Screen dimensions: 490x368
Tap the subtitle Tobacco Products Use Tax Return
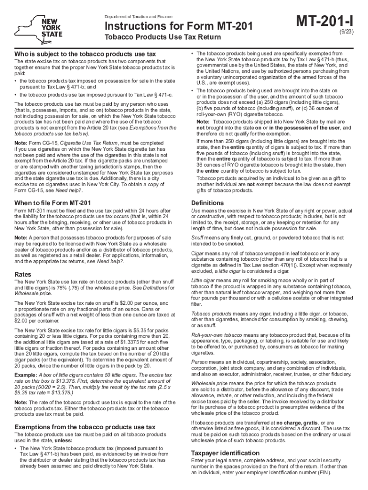(x=163, y=37)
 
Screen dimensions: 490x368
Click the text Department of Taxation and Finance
(x=139, y=16)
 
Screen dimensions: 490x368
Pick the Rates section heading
(x=23, y=274)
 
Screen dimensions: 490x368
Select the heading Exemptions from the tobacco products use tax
(x=85, y=426)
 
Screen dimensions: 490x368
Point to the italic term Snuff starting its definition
(x=197, y=237)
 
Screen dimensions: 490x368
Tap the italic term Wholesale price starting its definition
(x=207, y=384)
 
